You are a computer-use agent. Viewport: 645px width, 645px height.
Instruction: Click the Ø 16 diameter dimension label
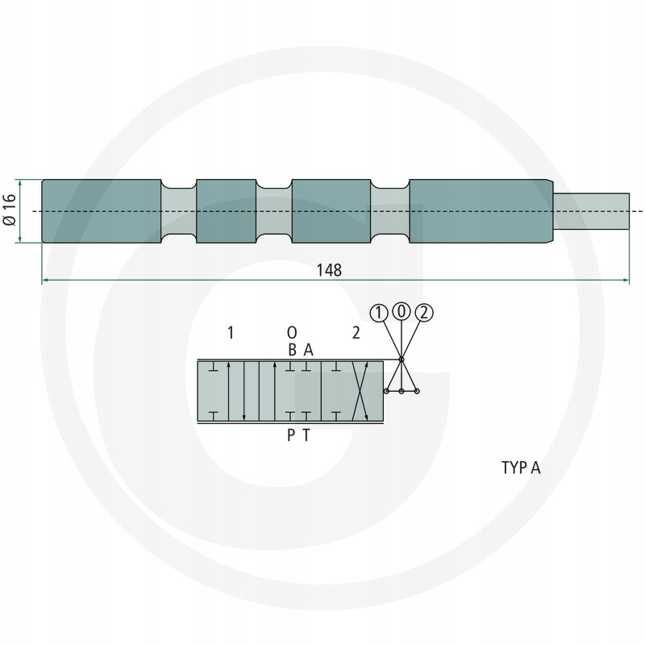click(10, 210)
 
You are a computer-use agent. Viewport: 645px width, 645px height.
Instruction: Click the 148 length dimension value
click(329, 270)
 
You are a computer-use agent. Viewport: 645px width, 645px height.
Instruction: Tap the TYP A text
click(521, 468)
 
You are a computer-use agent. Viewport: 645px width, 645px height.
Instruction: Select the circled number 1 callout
click(379, 313)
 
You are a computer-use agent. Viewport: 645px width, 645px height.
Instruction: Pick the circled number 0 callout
click(402, 311)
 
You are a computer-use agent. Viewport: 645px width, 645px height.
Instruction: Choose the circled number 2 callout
click(424, 313)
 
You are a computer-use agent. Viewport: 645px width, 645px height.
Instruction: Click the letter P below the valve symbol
click(291, 435)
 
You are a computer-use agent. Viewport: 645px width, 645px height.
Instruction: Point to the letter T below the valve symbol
click(306, 435)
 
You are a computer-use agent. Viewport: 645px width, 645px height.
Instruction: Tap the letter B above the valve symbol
click(292, 350)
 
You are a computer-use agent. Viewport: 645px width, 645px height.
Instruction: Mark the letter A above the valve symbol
click(309, 350)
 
